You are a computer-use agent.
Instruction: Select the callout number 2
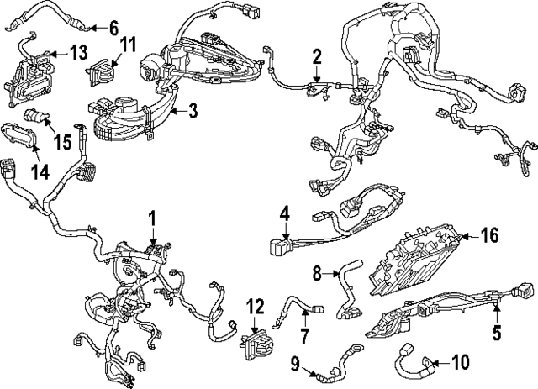(x=317, y=57)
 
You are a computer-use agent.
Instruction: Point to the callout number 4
(x=285, y=214)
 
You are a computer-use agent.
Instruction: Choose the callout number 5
(x=497, y=333)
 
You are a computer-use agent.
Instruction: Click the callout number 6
(x=113, y=27)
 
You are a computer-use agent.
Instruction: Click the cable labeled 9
(x=336, y=363)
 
